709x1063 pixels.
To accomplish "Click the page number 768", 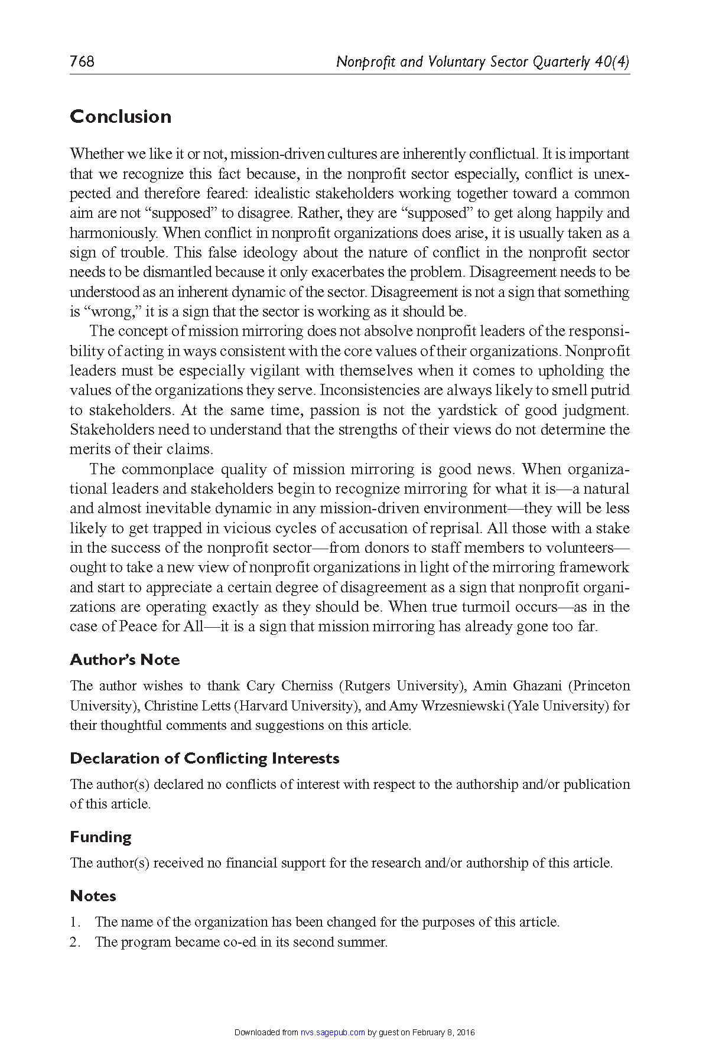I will pyautogui.click(x=82, y=61).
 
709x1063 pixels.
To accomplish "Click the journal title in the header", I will pyautogui.click(x=482, y=61).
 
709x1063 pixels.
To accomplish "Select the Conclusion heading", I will pyautogui.click(x=121, y=116).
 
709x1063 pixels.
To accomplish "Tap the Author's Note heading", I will pyautogui.click(x=125, y=660).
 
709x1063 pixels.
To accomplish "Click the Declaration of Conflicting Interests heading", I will pyautogui.click(x=204, y=758).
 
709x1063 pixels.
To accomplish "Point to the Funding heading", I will pyautogui.click(x=100, y=837).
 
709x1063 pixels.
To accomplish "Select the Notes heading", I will pyautogui.click(x=93, y=896).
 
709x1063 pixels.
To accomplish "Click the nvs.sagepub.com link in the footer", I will pyautogui.click(x=332, y=1032).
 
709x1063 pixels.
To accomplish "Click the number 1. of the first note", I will pyautogui.click(x=74, y=922).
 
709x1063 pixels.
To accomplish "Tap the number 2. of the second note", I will pyautogui.click(x=74, y=942).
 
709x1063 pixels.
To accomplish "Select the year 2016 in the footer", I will pyautogui.click(x=466, y=1032).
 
